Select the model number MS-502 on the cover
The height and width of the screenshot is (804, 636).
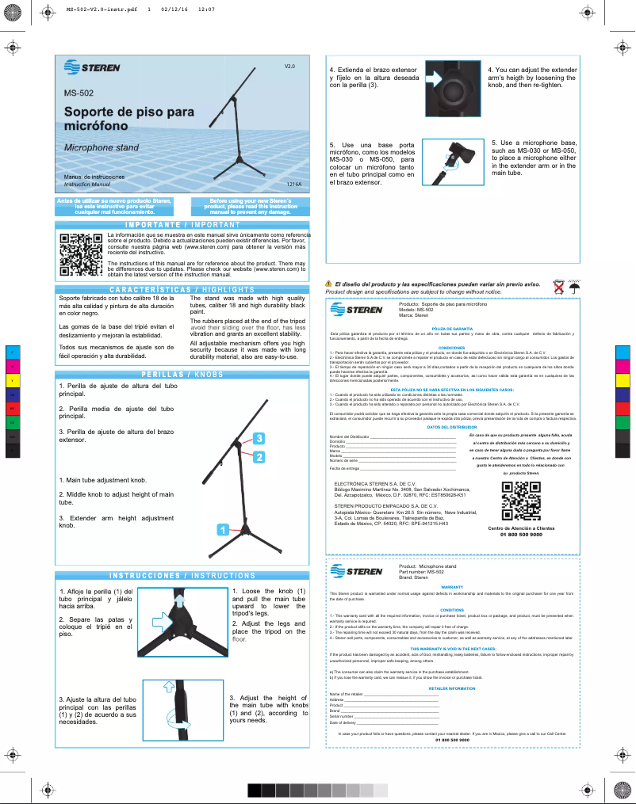tap(79, 93)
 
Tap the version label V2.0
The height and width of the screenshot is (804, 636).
tap(289, 67)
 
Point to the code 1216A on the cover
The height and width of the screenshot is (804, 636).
tap(293, 184)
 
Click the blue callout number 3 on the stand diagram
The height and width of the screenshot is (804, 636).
tap(259, 438)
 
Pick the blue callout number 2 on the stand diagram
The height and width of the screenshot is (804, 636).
tap(259, 457)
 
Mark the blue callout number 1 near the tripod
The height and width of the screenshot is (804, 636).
tap(224, 529)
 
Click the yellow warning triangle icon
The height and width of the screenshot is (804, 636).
tap(329, 284)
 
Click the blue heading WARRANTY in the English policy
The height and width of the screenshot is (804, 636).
tap(451, 587)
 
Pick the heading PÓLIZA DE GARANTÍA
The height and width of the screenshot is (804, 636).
tap(452, 328)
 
